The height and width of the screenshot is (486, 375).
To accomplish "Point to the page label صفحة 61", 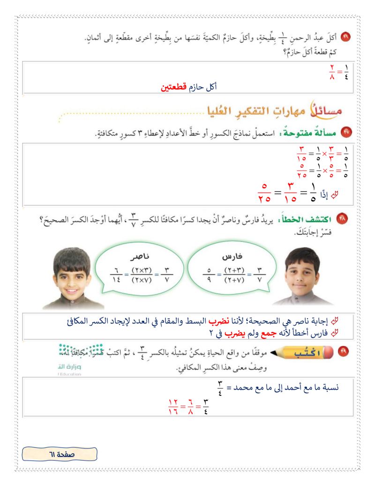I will coord(60,454).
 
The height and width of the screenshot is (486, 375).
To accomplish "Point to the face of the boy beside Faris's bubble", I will coord(302,272).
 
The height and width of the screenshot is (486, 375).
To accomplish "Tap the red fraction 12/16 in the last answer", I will coord(172,404).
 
